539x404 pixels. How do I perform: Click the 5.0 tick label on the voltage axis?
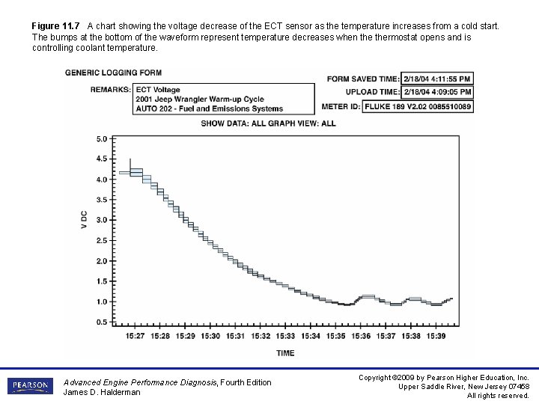(x=102, y=138)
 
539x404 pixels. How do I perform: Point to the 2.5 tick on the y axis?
(x=102, y=240)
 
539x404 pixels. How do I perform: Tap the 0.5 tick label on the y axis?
(x=102, y=322)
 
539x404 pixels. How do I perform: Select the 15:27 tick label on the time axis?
(x=135, y=336)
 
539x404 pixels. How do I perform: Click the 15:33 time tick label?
(x=286, y=336)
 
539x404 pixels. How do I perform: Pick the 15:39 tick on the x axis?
(x=436, y=336)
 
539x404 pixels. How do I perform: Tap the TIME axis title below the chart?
(x=285, y=353)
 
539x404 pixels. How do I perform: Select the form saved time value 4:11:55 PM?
(x=438, y=79)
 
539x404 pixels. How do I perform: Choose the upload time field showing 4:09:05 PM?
(x=438, y=92)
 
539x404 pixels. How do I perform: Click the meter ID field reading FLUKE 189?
(x=418, y=106)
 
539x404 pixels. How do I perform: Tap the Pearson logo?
(x=30, y=386)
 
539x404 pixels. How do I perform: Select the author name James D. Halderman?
(x=102, y=392)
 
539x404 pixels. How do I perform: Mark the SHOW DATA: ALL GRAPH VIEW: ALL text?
(x=268, y=123)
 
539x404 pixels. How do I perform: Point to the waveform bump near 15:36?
(x=367, y=297)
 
